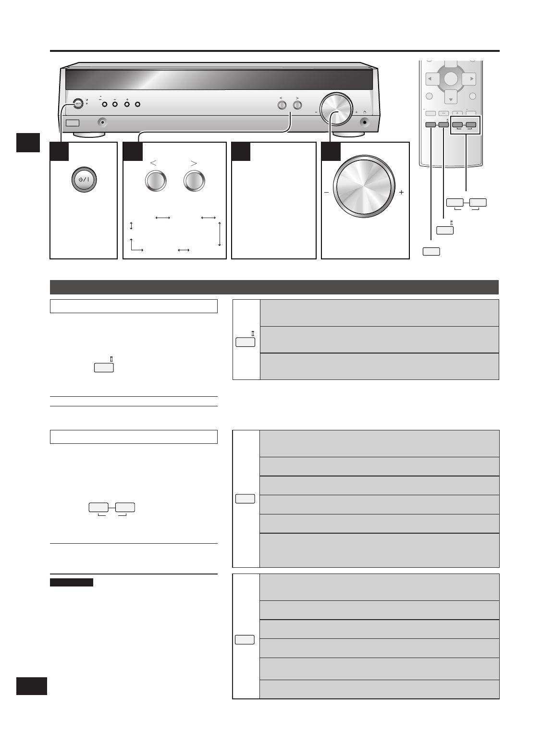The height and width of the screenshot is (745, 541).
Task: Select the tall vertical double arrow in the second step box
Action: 220,234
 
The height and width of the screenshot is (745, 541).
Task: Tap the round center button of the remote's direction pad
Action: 451,79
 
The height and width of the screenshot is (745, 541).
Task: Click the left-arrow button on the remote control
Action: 430,79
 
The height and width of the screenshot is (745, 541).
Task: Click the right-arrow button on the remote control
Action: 471,79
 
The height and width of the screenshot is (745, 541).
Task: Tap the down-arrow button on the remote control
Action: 451,98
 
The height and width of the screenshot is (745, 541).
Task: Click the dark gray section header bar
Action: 274,287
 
